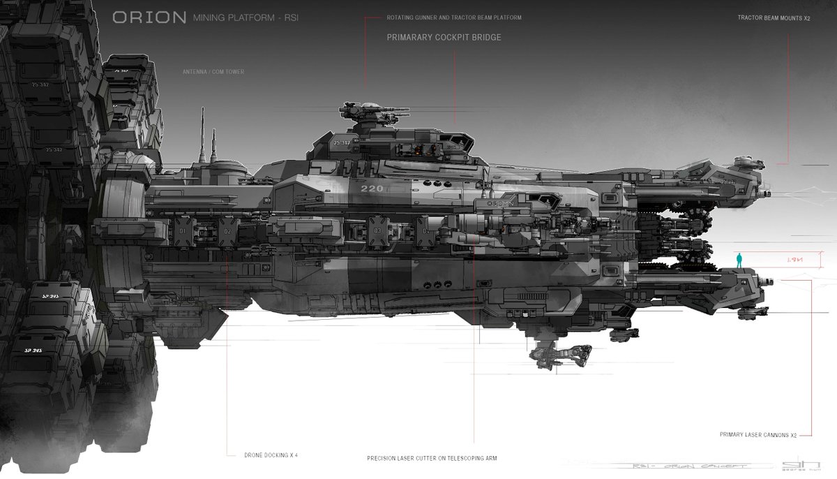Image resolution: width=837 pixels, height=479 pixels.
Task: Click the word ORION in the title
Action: click(x=149, y=17)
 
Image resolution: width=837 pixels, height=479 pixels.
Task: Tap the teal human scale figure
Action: click(x=739, y=260)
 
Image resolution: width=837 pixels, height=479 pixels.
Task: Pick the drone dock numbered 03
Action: click(x=377, y=230)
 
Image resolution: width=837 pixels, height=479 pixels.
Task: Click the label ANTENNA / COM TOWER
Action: click(x=213, y=71)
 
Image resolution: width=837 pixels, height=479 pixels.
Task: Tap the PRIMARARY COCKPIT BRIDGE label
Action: click(x=444, y=38)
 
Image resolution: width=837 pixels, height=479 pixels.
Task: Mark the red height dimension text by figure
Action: click(x=794, y=260)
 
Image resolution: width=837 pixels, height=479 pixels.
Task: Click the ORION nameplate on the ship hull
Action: click(x=501, y=202)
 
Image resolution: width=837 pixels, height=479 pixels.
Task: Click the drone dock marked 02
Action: click(x=227, y=230)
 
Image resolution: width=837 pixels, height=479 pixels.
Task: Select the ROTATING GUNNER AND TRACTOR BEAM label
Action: click(x=454, y=17)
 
